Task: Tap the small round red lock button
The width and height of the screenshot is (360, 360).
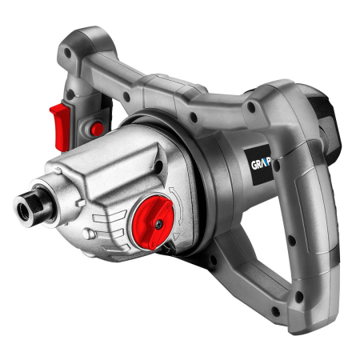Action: [97, 129]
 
